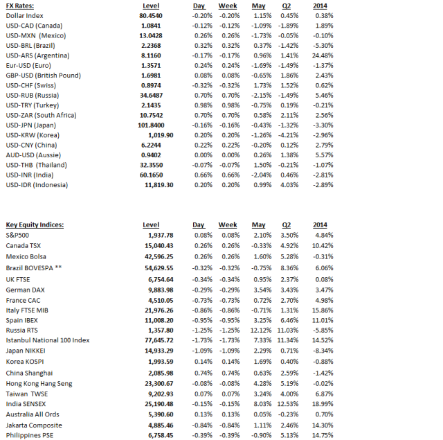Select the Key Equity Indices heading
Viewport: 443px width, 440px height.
pos(34,225)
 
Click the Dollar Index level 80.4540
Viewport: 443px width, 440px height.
pos(151,15)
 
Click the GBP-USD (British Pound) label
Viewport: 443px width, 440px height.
pos(43,75)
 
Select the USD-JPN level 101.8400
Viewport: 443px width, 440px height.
pos(152,125)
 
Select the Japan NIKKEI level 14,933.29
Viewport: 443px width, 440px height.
pos(154,351)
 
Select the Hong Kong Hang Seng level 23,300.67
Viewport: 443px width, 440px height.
pos(154,383)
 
